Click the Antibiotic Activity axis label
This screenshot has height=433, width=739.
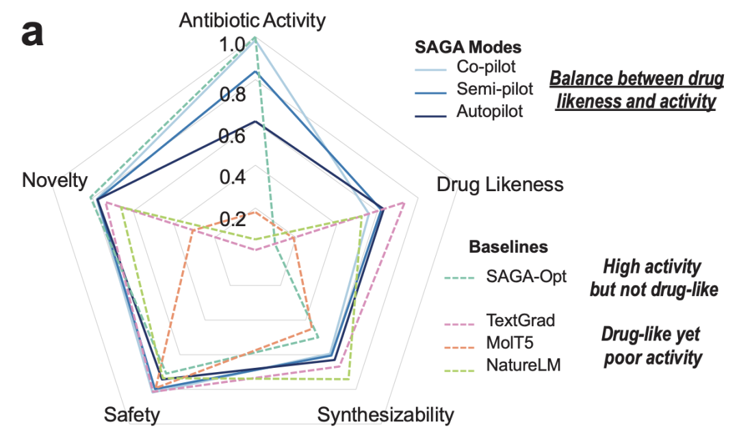tap(252, 21)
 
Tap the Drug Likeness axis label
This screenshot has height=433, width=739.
tap(500, 184)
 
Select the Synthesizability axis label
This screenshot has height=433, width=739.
tap(385, 415)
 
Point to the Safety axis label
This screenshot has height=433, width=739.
tap(132, 415)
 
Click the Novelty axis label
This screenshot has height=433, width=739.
tap(55, 180)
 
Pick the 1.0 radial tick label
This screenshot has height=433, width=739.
tap(232, 45)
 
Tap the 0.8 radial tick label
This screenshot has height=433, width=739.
tap(233, 95)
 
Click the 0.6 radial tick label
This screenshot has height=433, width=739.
tap(232, 136)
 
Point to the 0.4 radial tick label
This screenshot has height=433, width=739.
tap(233, 177)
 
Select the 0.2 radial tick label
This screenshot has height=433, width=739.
tap(233, 219)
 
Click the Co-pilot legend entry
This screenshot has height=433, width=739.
tap(466, 67)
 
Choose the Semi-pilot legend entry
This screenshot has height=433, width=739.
tap(474, 89)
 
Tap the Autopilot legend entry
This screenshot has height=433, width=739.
tap(469, 112)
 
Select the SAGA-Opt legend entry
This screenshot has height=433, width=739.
tap(506, 276)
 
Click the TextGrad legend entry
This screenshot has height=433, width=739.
tap(500, 321)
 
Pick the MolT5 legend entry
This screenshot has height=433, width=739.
tap(489, 343)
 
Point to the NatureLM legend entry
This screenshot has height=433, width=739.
tap(503, 365)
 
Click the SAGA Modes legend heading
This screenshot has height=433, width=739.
tap(468, 47)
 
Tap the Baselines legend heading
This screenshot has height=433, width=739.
tap(508, 247)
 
